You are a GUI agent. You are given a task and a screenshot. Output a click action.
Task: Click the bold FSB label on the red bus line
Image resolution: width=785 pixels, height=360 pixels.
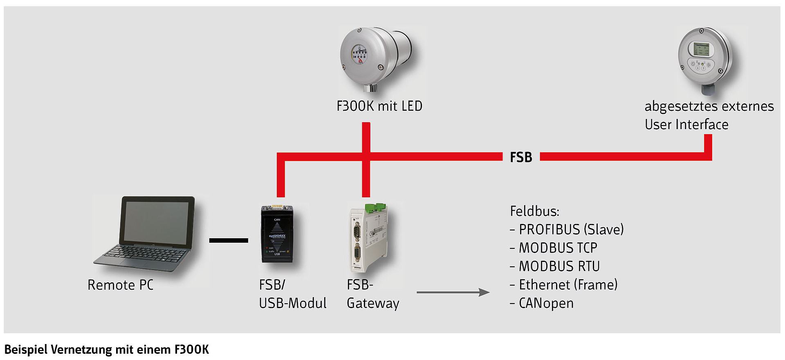point(521,157)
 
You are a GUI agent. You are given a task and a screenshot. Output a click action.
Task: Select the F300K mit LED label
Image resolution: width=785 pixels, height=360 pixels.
point(379,106)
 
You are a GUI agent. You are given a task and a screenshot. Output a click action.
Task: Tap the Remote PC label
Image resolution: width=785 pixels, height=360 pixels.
point(121,285)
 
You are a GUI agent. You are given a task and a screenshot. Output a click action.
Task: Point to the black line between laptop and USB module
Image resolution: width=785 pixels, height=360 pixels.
point(229,240)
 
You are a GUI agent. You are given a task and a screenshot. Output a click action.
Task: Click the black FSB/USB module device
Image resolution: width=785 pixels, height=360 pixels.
point(277,235)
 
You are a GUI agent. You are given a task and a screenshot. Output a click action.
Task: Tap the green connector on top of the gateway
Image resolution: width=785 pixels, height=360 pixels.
point(375,207)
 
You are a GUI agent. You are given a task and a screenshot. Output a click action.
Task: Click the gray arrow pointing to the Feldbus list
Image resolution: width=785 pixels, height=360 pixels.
point(453,292)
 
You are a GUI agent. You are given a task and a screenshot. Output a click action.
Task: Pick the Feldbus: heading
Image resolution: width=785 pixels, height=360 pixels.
point(534,211)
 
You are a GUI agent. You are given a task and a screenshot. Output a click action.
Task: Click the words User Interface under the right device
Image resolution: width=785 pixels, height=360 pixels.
point(686,125)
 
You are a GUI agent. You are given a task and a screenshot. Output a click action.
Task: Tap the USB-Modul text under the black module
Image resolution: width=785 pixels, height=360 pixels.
point(293,303)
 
